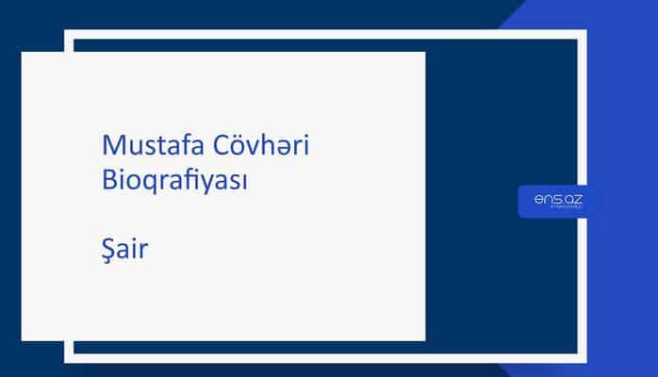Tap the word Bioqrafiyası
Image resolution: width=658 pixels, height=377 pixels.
(x=174, y=181)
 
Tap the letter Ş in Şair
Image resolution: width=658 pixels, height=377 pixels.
(x=108, y=251)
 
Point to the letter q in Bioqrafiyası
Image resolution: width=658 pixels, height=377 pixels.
(x=151, y=184)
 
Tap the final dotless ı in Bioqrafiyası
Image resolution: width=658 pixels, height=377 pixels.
(x=243, y=181)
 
